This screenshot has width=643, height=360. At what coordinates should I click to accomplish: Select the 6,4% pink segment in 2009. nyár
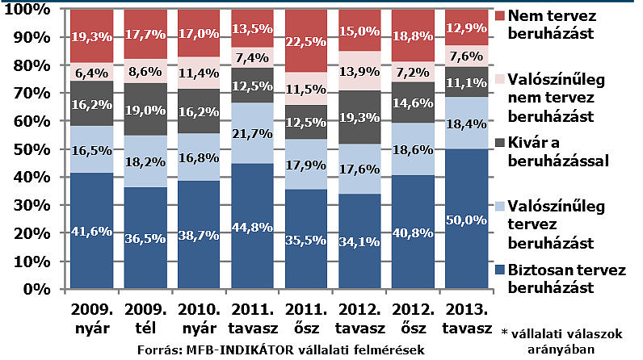coord(91,71)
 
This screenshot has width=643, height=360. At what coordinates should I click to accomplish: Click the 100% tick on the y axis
coord(27,10)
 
